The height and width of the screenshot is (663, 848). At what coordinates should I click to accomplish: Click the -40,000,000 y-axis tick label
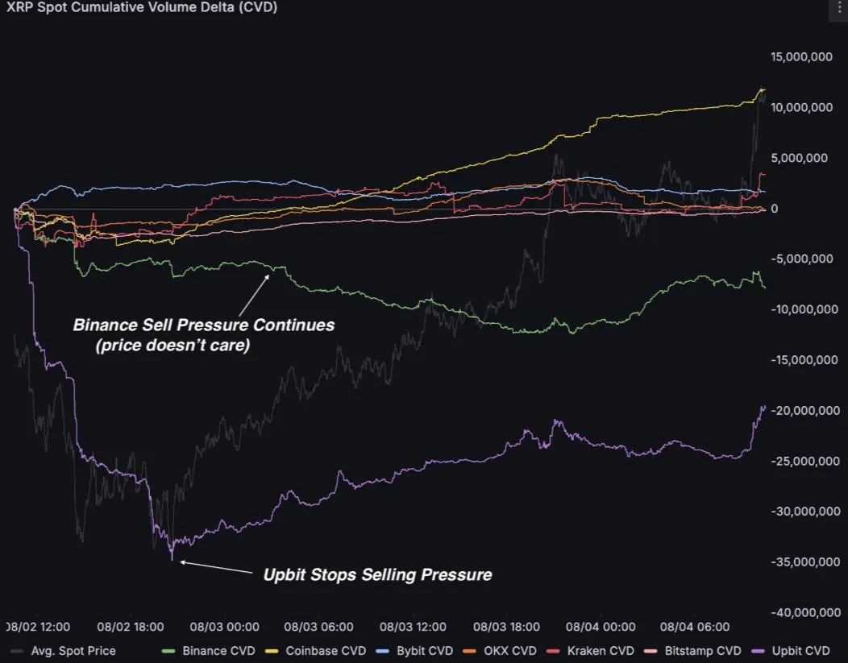[804, 612]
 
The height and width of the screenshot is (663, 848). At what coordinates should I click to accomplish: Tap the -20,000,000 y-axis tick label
[804, 410]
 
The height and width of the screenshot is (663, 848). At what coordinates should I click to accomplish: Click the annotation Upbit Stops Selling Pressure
[377, 575]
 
